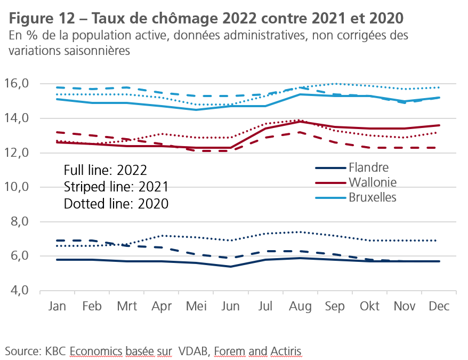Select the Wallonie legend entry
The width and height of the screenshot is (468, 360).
click(373, 182)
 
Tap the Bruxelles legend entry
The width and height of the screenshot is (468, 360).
click(373, 197)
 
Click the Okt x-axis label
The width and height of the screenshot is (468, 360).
click(369, 307)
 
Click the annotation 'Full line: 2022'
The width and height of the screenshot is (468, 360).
click(105, 171)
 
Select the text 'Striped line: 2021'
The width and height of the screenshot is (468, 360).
click(116, 187)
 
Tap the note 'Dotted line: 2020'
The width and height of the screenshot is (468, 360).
click(116, 204)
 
